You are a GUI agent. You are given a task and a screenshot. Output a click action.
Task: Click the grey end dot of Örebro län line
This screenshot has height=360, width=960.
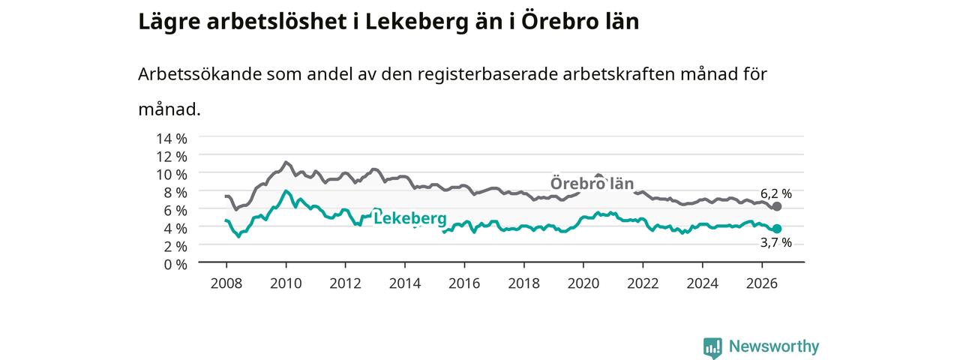(x=776, y=206)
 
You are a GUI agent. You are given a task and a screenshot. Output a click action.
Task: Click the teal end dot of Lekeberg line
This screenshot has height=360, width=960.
(x=776, y=229)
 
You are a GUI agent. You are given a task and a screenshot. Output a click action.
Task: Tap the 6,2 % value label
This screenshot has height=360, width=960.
(x=776, y=193)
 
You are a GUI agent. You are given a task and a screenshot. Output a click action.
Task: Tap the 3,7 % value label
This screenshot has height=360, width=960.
(x=776, y=243)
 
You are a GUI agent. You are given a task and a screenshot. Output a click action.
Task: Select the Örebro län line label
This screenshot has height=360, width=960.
(x=592, y=184)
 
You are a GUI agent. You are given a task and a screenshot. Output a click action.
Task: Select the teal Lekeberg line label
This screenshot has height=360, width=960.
(x=410, y=218)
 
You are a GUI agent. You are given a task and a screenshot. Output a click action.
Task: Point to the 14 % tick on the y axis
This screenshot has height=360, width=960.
(x=172, y=139)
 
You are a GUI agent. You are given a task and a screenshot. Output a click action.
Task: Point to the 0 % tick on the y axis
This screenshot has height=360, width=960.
(x=175, y=265)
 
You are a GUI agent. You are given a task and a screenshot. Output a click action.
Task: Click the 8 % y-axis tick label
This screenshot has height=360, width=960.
(x=175, y=193)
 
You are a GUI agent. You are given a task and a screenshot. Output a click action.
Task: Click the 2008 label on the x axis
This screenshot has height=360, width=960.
(x=226, y=283)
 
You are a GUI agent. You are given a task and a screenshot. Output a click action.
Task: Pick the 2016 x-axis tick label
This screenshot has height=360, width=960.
(x=464, y=283)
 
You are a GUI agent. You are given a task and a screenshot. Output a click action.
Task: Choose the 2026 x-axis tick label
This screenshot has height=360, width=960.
(x=762, y=283)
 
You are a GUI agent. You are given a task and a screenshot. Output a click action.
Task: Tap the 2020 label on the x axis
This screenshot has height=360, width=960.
(x=583, y=283)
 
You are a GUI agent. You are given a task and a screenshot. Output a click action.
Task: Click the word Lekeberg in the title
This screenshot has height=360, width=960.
(x=416, y=22)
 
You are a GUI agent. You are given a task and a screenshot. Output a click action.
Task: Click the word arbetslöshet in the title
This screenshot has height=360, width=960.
(x=277, y=21)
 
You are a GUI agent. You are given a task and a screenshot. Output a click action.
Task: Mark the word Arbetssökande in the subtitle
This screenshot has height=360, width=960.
(x=199, y=74)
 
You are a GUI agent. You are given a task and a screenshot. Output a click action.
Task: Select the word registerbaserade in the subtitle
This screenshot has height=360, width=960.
(x=487, y=75)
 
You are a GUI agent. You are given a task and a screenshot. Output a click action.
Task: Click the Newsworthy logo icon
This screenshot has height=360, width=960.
(x=712, y=347)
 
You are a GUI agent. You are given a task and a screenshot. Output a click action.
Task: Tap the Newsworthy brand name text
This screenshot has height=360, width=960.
(x=774, y=346)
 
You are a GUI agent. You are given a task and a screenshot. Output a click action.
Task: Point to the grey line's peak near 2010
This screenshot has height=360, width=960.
(x=286, y=162)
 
